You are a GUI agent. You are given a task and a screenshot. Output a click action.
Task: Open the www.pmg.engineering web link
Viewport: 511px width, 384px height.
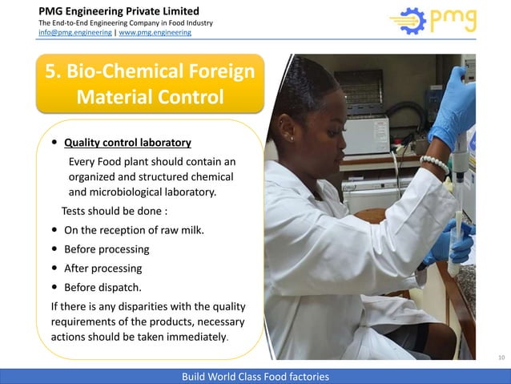pos(161,33)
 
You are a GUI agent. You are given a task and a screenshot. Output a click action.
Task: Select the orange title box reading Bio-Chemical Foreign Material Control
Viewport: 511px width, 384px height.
pos(150,84)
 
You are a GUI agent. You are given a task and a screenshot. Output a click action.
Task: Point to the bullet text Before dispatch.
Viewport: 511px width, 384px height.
pos(102,287)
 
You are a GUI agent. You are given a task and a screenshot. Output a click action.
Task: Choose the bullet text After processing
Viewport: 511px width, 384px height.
pos(103,268)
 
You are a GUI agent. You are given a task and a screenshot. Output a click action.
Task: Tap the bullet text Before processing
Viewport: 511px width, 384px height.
pos(106,249)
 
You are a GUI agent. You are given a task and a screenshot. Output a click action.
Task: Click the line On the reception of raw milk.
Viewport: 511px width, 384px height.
pos(134,230)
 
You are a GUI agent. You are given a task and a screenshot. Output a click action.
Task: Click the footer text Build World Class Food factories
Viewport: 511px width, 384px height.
pos(255,377)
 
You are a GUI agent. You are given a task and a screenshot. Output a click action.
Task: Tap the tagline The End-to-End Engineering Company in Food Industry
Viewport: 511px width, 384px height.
pos(125,22)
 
